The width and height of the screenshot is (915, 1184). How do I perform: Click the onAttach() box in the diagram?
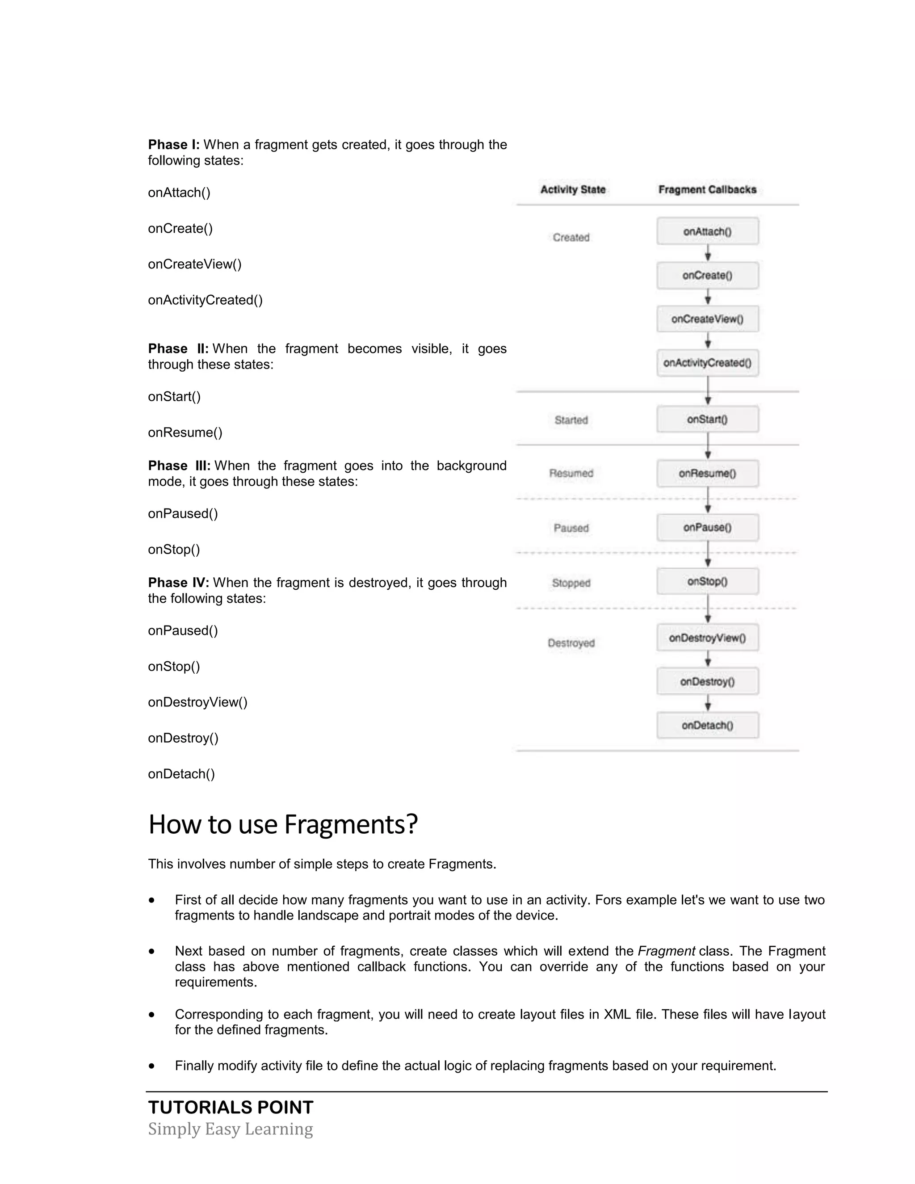click(707, 231)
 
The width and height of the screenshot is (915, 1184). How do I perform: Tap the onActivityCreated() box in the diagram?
click(707, 363)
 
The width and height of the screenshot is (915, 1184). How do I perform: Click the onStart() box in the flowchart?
click(707, 419)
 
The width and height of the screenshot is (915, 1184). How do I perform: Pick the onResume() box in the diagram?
click(707, 473)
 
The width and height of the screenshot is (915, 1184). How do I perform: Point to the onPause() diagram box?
click(707, 528)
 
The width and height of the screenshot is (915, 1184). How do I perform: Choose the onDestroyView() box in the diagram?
click(707, 638)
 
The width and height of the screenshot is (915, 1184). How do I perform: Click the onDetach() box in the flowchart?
click(707, 725)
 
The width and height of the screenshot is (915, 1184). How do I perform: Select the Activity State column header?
click(572, 189)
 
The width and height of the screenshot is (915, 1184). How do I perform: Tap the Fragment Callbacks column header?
click(707, 189)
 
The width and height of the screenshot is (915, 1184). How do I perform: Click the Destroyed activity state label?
click(571, 643)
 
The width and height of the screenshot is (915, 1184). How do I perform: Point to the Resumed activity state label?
click(571, 473)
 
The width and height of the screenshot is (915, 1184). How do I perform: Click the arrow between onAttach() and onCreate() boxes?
click(707, 254)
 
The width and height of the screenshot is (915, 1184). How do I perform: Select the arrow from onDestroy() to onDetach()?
click(707, 704)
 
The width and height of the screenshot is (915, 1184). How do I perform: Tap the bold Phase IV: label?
click(178, 583)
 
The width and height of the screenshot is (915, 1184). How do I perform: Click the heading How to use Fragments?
click(283, 825)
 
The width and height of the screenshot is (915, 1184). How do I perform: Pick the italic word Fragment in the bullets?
click(666, 951)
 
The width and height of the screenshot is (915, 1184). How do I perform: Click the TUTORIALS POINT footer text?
click(231, 1107)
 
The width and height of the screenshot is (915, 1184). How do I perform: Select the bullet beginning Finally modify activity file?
click(475, 1066)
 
